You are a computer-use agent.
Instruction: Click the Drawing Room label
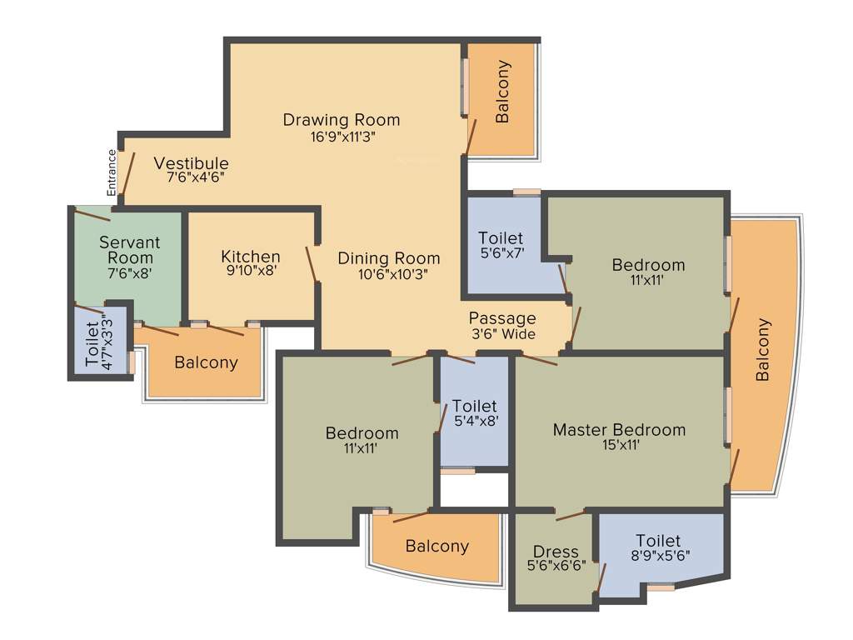pos(342,120)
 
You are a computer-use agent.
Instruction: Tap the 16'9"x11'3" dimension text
pos(342,137)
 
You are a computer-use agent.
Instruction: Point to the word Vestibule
pos(191,163)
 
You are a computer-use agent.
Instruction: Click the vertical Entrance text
pos(111,172)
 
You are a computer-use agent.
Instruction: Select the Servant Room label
pos(129,250)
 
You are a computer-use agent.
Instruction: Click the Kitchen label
pos(251,257)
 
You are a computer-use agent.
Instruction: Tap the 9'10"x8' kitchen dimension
pos(251,270)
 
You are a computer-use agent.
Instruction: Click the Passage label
pos(502,318)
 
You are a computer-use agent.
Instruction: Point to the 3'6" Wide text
pos(502,334)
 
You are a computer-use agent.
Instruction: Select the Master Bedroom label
pos(619,430)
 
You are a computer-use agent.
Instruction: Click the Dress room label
pos(556,552)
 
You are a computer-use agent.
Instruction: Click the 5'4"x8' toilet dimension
pos(475,421)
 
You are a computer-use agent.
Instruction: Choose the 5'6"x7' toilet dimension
pos(501,252)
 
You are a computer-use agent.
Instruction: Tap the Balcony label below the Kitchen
pos(206,362)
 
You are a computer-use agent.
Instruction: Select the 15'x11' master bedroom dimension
pos(619,445)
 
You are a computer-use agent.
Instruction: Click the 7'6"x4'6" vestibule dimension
pos(195,177)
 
